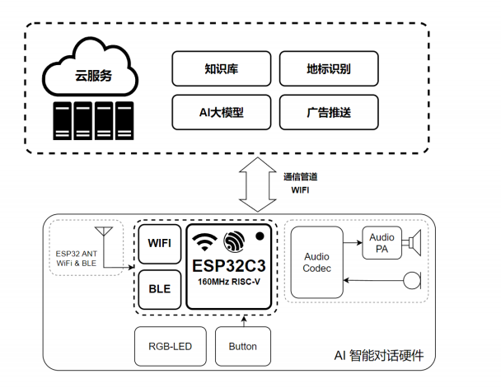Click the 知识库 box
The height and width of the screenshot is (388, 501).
point(220,69)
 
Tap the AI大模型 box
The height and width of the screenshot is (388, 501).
point(220,112)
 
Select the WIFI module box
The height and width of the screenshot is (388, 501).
point(159,244)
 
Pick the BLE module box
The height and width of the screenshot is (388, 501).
point(159,289)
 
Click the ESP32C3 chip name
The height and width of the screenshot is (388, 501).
point(230,267)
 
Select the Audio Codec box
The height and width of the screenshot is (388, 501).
point(316,263)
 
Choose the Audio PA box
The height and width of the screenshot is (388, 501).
point(382,243)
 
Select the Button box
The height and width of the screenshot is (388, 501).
point(241,346)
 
